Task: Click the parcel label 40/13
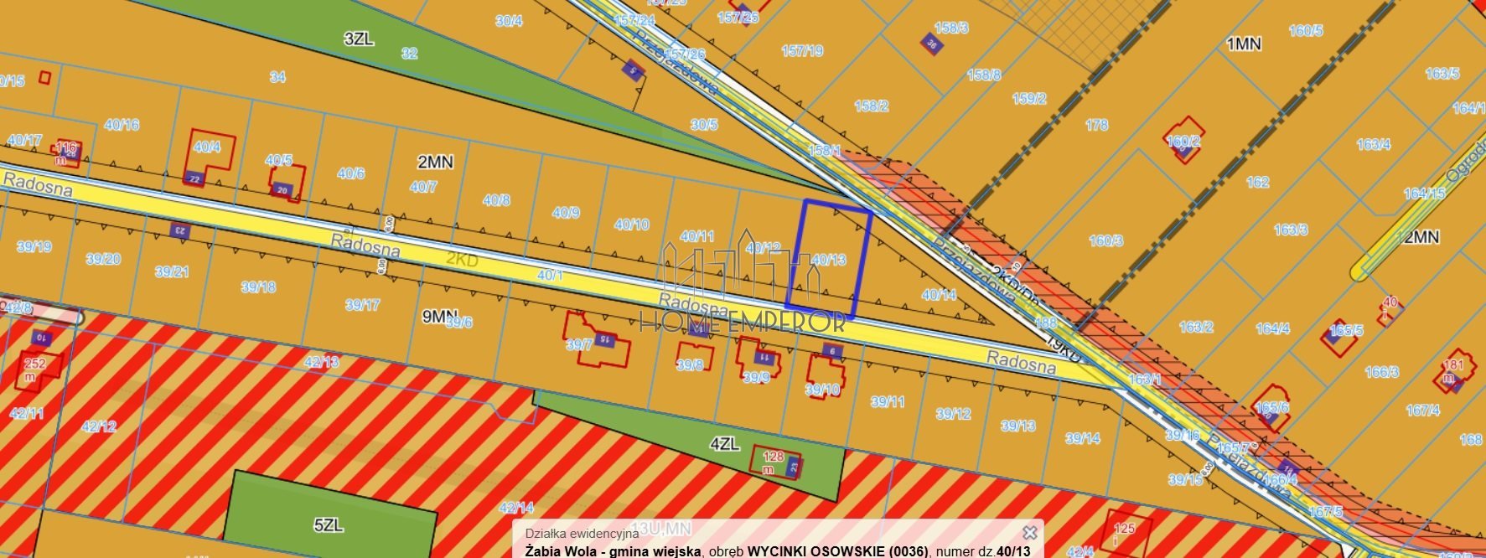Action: [829, 260]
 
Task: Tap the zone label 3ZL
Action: [358, 39]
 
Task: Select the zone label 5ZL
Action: [329, 525]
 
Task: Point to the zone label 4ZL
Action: [724, 444]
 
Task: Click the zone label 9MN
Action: [439, 316]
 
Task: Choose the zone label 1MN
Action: [1244, 44]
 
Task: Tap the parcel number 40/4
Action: [206, 147]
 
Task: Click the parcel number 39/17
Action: [362, 305]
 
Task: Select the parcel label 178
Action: [1096, 125]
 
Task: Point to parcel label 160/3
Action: [1105, 240]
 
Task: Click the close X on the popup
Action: [1030, 532]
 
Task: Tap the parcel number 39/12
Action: [953, 414]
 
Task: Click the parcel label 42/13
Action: [322, 362]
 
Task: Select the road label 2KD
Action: [462, 260]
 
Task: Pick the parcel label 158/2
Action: [871, 106]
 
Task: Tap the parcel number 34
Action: [277, 77]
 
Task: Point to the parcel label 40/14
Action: [939, 295]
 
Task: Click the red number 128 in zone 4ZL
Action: [773, 457]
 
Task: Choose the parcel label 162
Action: [1257, 182]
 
